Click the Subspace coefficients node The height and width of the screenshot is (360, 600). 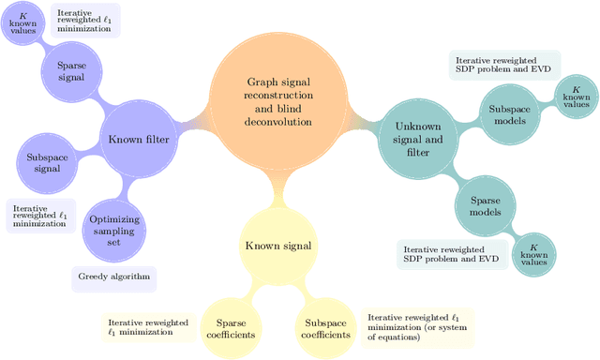click(x=325, y=328)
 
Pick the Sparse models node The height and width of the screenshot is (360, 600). click(x=485, y=206)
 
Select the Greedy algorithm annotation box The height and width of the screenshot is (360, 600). click(x=114, y=277)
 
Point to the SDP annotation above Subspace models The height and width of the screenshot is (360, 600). click(x=503, y=64)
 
